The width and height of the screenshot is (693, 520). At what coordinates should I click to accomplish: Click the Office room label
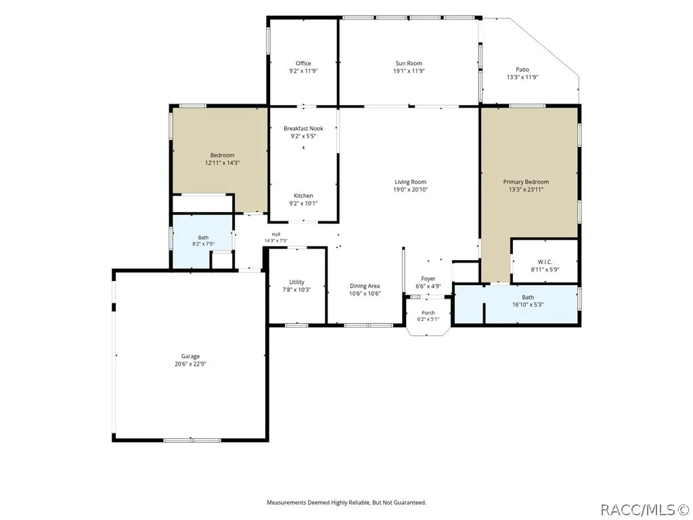pos(303,63)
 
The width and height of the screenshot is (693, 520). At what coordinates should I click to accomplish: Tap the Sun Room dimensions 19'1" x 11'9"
pos(409,70)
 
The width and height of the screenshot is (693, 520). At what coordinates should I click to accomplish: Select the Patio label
pos(522,70)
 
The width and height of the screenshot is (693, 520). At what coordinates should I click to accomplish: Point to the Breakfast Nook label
pos(303,128)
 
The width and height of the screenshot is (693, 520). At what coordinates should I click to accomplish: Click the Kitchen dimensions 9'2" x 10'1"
pos(303,203)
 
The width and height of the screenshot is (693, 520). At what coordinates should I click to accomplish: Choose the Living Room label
pos(410,181)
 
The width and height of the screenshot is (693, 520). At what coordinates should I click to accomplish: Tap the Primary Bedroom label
pos(526,181)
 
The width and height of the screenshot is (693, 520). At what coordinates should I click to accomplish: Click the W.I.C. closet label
pos(545,262)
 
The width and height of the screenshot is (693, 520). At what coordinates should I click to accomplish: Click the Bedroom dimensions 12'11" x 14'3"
pos(222,162)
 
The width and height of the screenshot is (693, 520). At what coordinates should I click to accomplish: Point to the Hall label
pos(276,234)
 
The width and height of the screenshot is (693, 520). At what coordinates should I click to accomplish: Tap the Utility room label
pos(296,282)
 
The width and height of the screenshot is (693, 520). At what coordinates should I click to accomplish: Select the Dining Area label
pos(365,286)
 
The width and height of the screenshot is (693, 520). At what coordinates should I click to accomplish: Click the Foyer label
pos(428,278)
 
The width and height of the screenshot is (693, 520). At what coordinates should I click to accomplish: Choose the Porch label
pos(428,313)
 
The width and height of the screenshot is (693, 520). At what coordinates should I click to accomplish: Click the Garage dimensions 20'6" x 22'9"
pos(190,364)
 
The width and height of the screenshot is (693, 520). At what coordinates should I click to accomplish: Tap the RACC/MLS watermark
pos(645,510)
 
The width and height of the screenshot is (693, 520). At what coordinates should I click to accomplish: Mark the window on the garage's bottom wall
pos(192,440)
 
